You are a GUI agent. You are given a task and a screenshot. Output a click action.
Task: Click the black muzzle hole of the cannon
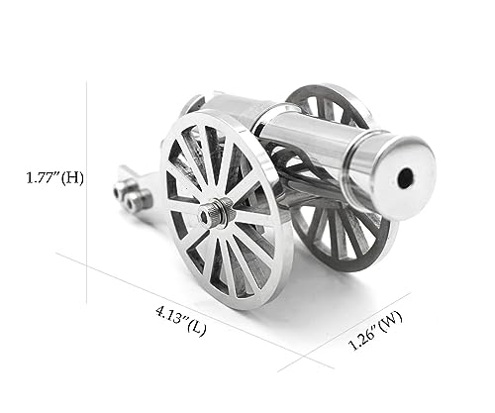tap(404, 178)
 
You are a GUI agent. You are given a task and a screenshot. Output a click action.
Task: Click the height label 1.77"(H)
tap(54, 178)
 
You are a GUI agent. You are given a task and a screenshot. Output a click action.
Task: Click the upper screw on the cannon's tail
tap(124, 188)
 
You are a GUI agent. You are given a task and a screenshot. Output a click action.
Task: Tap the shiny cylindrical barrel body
tap(317, 149)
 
